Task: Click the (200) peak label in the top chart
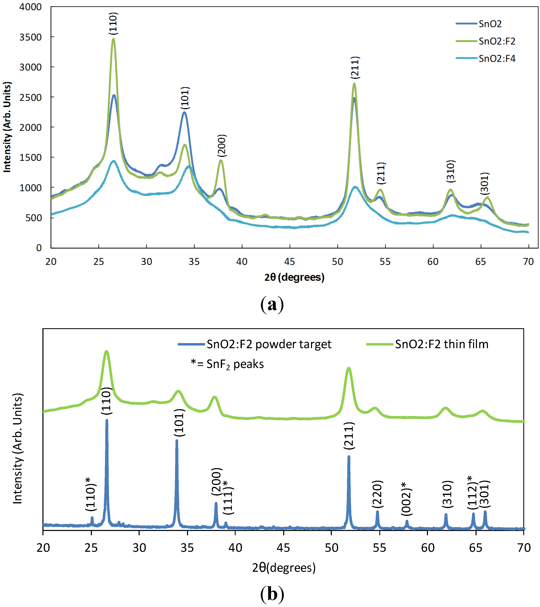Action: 222,145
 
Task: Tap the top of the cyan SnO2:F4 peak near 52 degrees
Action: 355,187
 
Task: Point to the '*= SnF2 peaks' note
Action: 227,364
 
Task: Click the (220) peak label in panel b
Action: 377,494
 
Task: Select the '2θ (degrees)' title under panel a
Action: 294,277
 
